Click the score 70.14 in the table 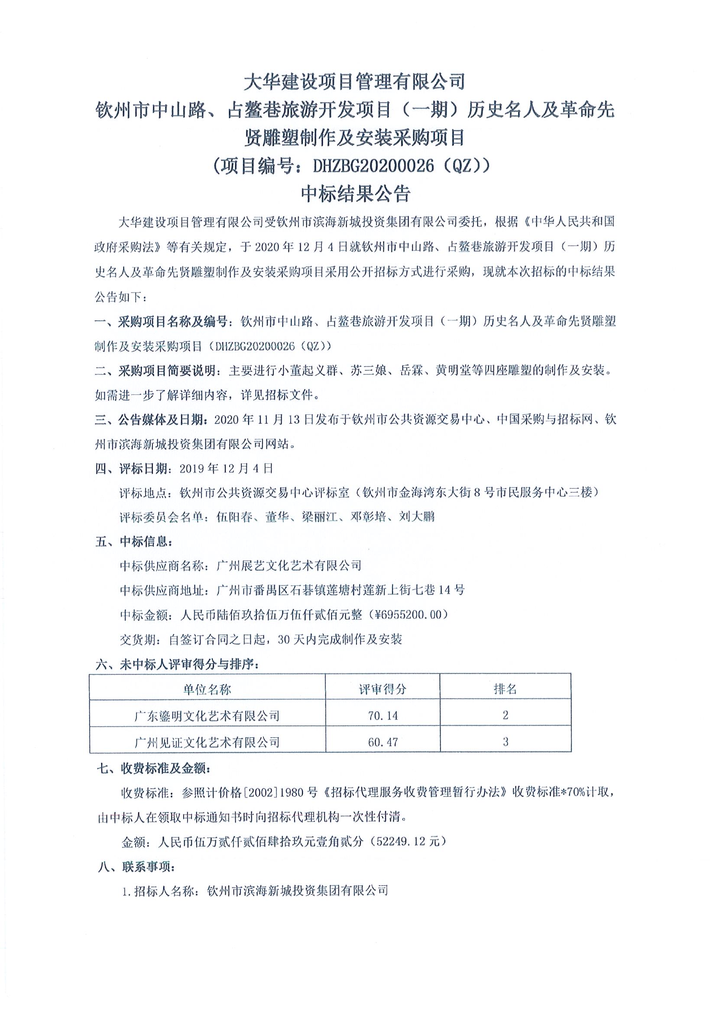pos(382,716)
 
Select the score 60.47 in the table pos(382,742)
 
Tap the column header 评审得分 pos(382,689)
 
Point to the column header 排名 pos(505,689)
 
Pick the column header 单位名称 pos(207,690)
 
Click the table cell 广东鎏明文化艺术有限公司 pos(207,716)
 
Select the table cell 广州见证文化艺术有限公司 pos(207,743)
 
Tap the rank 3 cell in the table pos(506,742)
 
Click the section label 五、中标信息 pos(134,542)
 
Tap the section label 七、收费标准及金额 pos(154,769)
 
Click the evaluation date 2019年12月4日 pos(227,468)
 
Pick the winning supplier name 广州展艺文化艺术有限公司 pos(289,566)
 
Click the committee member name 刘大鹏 pos(417,517)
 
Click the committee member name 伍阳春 pos(234,517)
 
